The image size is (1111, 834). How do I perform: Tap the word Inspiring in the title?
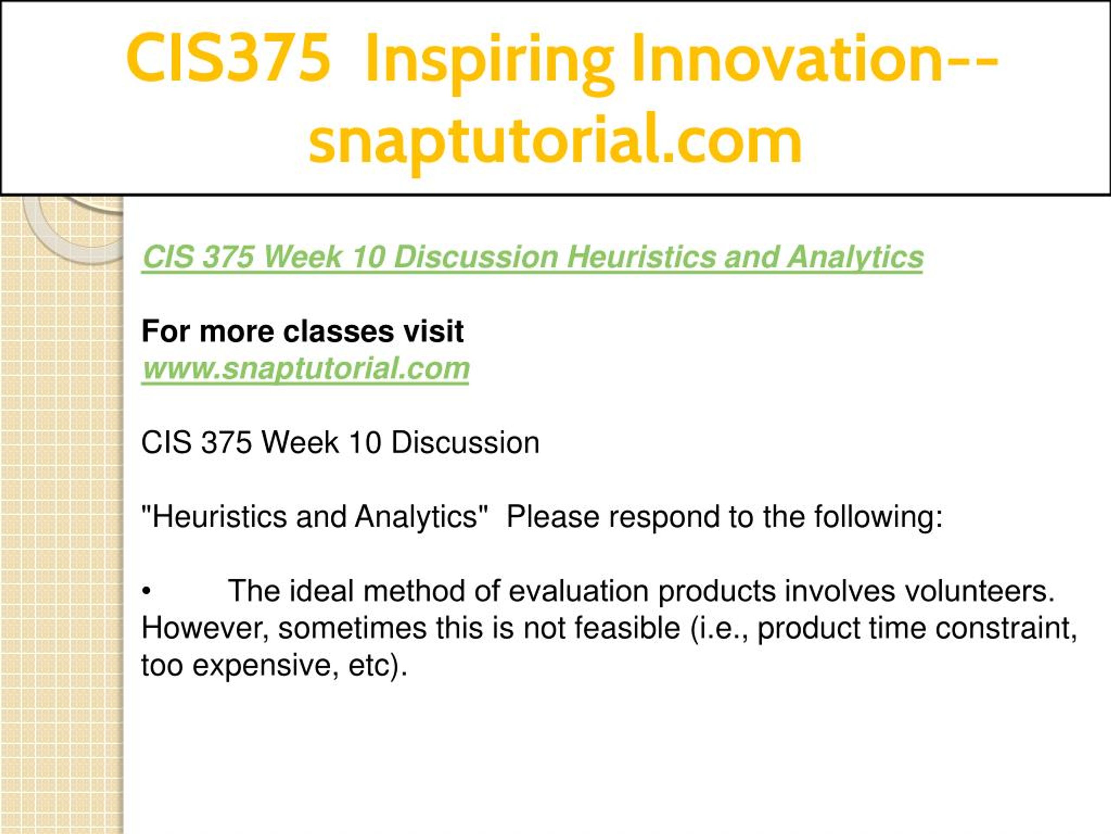pyautogui.click(x=490, y=63)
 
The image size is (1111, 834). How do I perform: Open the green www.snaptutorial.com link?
pyautogui.click(x=306, y=368)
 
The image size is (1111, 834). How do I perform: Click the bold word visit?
pyautogui.click(x=434, y=332)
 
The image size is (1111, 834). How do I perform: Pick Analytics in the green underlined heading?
pyautogui.click(x=855, y=258)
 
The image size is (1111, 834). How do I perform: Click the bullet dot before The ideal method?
pyautogui.click(x=146, y=592)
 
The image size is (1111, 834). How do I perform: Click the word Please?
pyautogui.click(x=553, y=517)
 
